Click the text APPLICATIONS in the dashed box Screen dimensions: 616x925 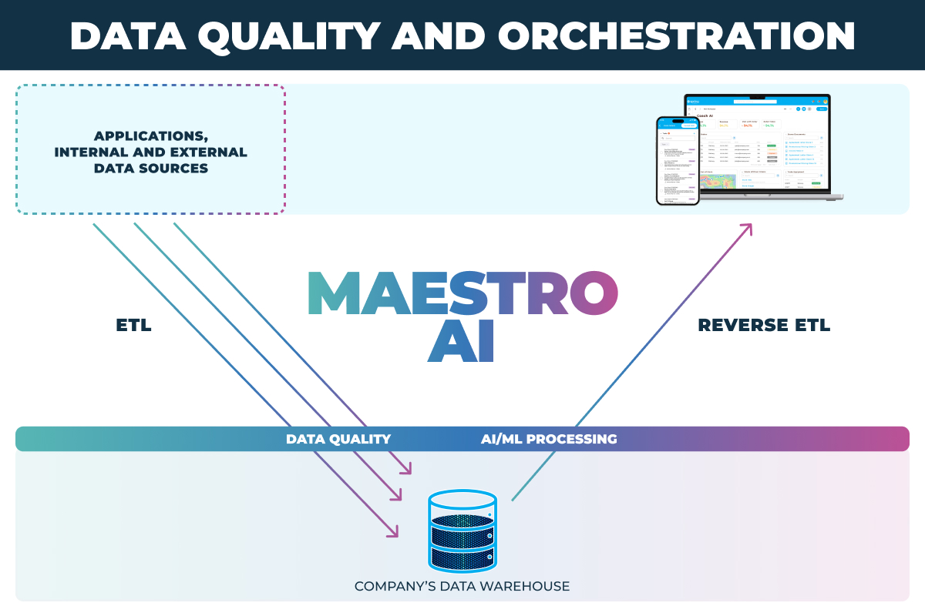[150, 136]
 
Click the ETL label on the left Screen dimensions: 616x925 [133, 326]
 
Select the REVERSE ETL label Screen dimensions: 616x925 [763, 326]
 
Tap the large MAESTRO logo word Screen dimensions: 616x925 [462, 293]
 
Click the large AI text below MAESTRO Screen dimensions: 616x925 [460, 341]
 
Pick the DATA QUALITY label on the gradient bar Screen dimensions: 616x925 [338, 439]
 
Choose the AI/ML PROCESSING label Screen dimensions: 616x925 [549, 439]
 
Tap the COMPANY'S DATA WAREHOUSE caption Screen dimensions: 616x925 [462, 587]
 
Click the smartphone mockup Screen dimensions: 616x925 [678, 160]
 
